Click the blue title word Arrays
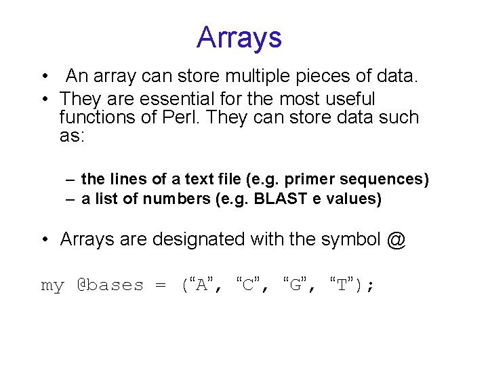pyautogui.click(x=239, y=37)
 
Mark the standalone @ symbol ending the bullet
pyautogui.click(x=397, y=239)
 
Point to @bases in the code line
pyautogui.click(x=110, y=285)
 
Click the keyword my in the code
pyautogui.click(x=52, y=285)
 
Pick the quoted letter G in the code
pyautogui.click(x=295, y=285)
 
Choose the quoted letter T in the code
pyautogui.click(x=342, y=285)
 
